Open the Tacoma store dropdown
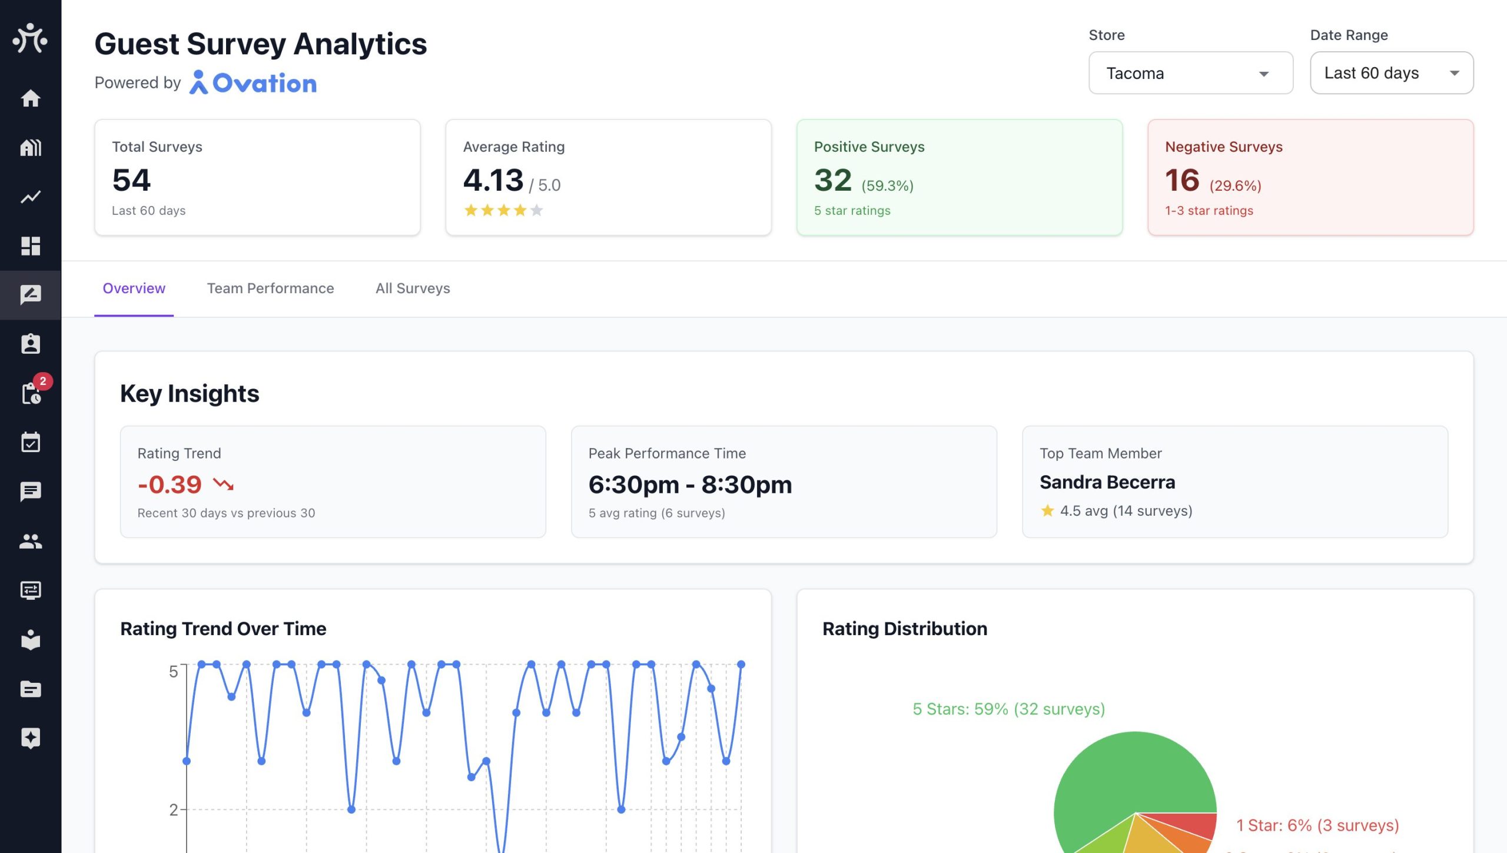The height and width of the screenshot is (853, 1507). click(x=1190, y=73)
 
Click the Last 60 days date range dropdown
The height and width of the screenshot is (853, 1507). click(x=1391, y=73)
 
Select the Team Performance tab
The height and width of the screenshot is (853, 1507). click(x=270, y=288)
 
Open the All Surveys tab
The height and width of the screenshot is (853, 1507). click(x=413, y=288)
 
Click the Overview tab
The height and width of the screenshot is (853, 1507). click(x=134, y=288)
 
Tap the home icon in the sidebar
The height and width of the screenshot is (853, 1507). click(x=31, y=98)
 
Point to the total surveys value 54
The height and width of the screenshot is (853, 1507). click(x=131, y=180)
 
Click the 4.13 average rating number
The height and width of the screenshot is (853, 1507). click(x=493, y=180)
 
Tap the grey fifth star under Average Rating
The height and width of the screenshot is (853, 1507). click(x=536, y=210)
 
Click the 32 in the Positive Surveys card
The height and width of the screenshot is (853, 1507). click(x=833, y=180)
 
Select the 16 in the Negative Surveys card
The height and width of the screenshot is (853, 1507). click(x=1182, y=180)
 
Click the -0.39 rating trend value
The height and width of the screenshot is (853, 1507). click(x=170, y=484)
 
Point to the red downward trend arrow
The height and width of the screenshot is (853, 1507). click(x=223, y=484)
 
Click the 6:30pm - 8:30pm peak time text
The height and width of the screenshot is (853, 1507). click(x=690, y=484)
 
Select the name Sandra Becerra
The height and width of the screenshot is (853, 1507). click(x=1107, y=482)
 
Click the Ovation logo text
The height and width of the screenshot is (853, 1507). click(x=264, y=83)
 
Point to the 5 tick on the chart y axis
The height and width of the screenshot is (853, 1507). click(x=173, y=672)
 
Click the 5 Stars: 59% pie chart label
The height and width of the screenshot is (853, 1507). click(x=1008, y=709)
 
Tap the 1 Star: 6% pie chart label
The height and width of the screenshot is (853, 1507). click(x=1317, y=825)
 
